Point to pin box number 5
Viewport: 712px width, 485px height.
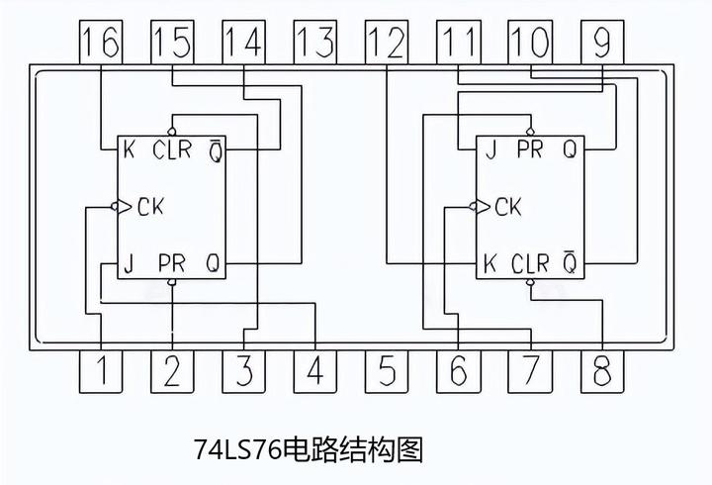[x=387, y=371]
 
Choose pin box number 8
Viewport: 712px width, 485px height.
[x=601, y=371]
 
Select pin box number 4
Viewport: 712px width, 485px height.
[x=315, y=371]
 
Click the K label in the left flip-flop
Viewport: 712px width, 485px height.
[x=129, y=150]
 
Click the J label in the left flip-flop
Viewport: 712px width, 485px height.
[x=129, y=263]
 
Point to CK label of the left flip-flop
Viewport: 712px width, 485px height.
[x=150, y=207]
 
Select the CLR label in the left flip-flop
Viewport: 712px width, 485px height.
[x=173, y=150]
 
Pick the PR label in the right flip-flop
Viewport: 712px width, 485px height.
[x=530, y=150]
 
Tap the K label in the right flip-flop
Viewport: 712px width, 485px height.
[x=489, y=263]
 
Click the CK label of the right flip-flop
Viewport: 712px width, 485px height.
[x=508, y=207]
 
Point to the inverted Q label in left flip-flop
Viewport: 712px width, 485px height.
[x=214, y=150]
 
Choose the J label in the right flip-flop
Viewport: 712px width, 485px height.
[x=489, y=150]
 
